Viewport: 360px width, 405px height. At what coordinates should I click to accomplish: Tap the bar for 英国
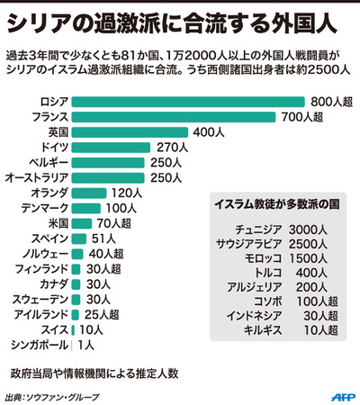pyautogui.click(x=130, y=131)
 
